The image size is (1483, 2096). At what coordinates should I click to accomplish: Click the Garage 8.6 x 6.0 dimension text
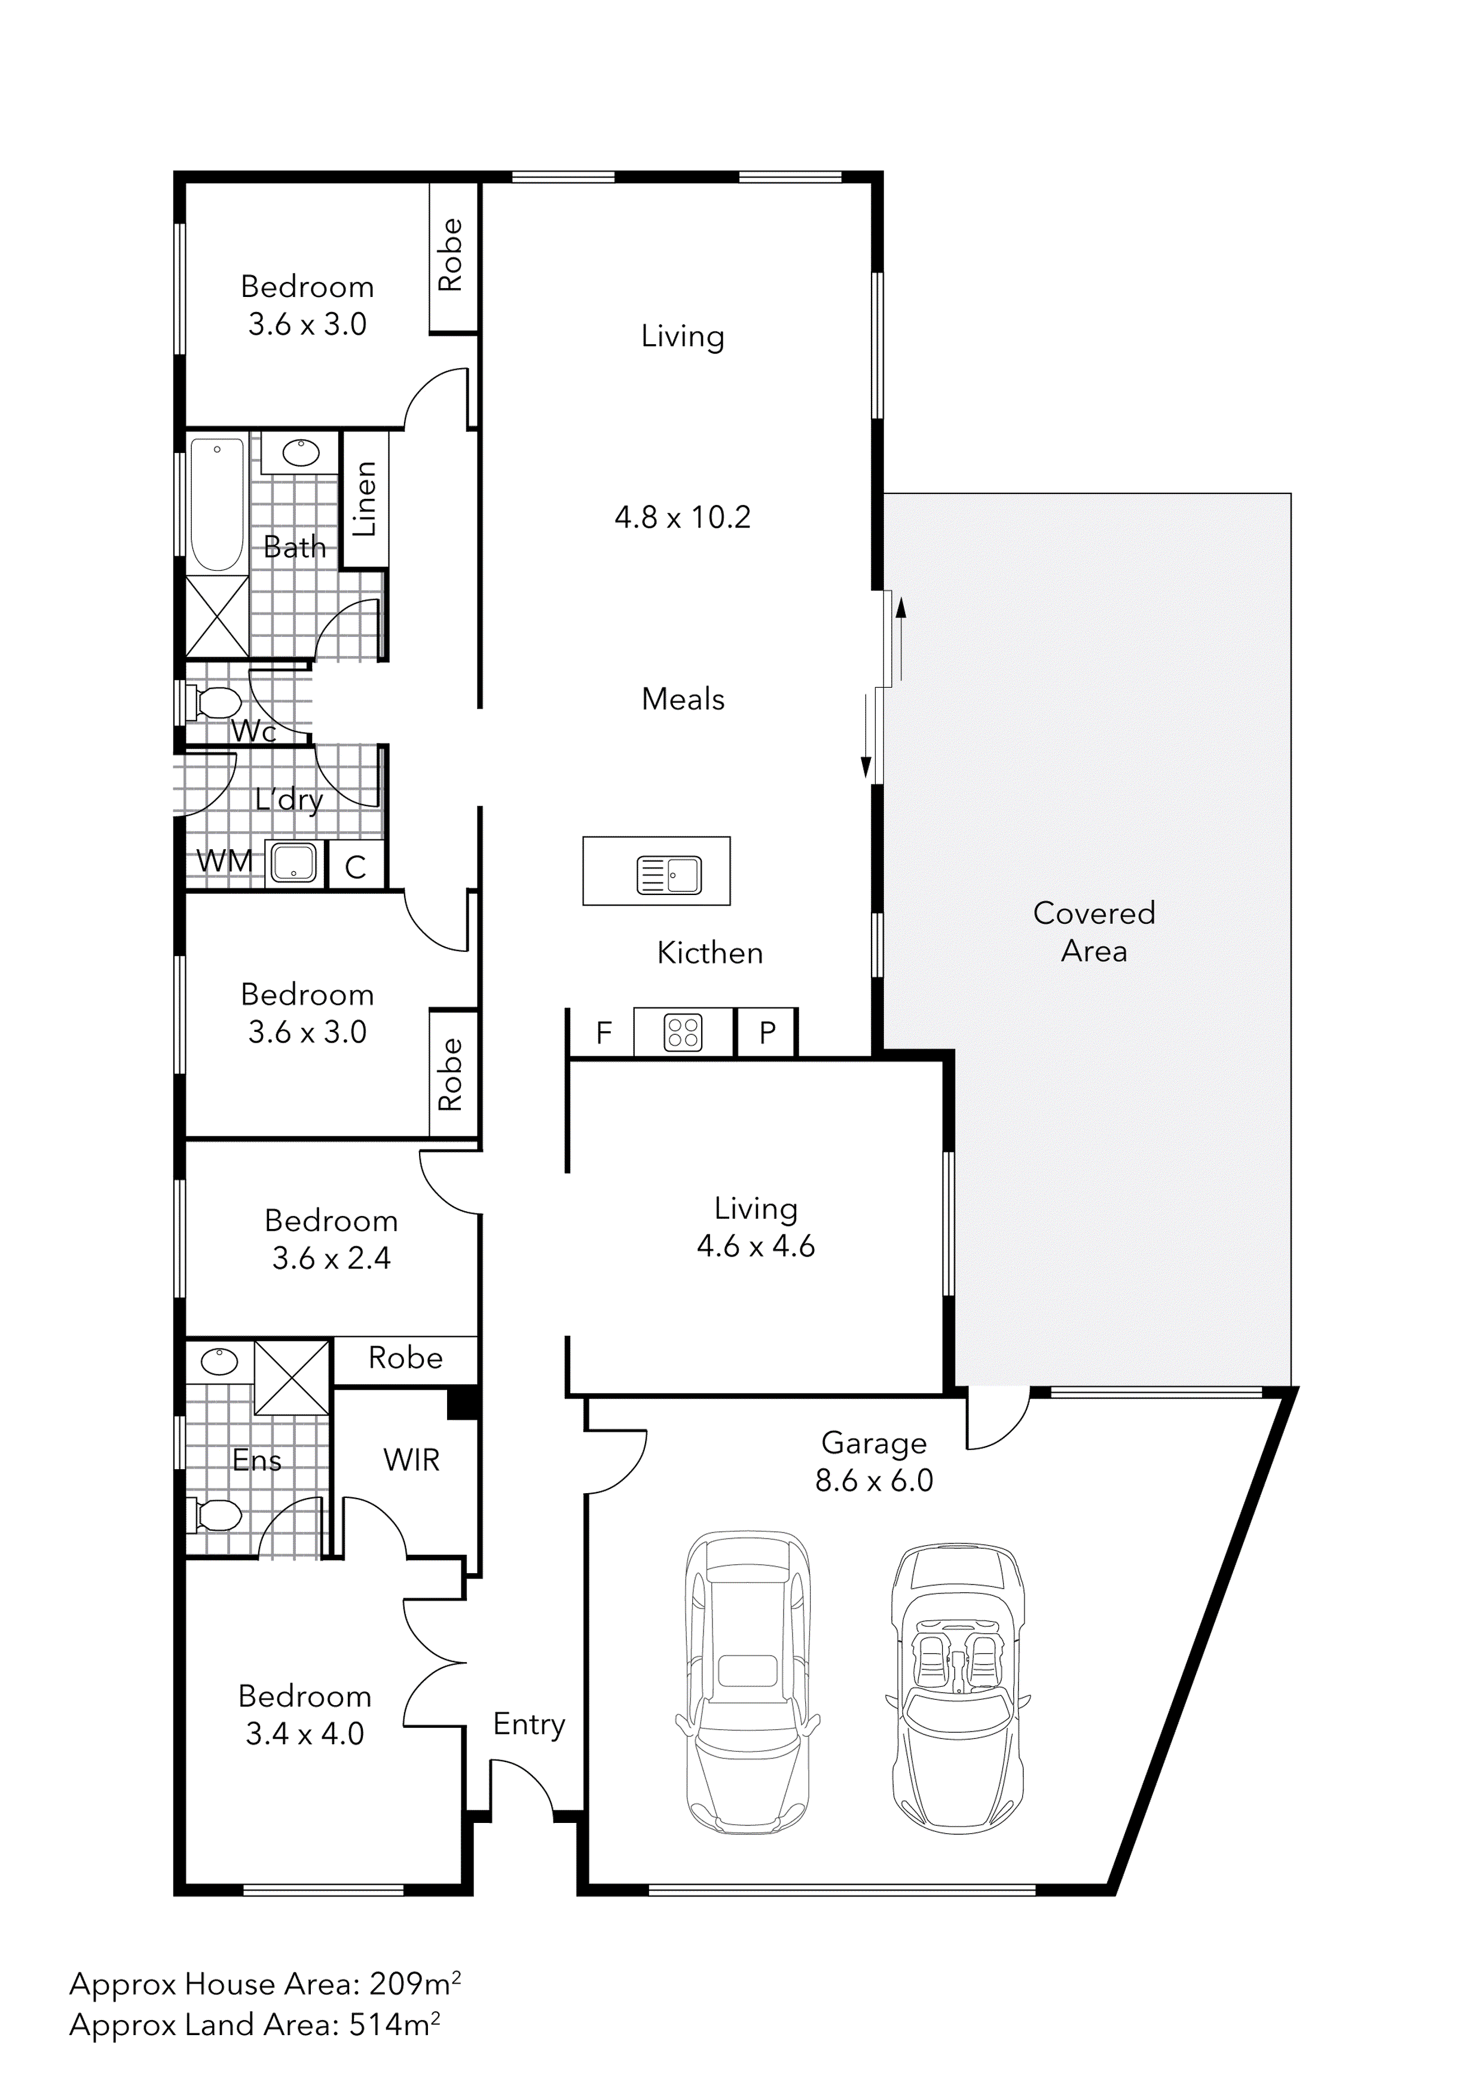[x=874, y=1480]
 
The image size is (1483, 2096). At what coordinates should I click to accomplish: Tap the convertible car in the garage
[x=957, y=1691]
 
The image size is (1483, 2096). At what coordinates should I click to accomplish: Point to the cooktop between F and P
[x=683, y=1032]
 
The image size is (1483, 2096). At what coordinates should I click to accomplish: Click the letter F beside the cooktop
[x=604, y=1032]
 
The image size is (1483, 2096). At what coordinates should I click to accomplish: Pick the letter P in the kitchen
[x=767, y=1032]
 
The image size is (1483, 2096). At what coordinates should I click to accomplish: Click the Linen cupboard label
[x=365, y=498]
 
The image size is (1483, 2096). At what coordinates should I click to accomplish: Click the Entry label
[x=529, y=1724]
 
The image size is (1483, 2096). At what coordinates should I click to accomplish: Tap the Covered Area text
[x=1094, y=931]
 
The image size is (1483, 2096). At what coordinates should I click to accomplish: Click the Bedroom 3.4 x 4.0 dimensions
[x=304, y=1733]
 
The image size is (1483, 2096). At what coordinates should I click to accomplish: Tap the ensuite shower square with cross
[x=291, y=1376]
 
